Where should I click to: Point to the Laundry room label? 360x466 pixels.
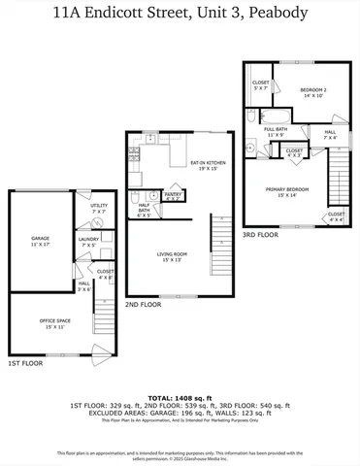pos(88,242)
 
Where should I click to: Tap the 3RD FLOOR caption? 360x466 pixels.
pos(259,235)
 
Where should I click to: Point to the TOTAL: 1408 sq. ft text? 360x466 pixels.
pos(180,398)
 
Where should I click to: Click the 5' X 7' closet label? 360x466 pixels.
pos(260,85)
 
